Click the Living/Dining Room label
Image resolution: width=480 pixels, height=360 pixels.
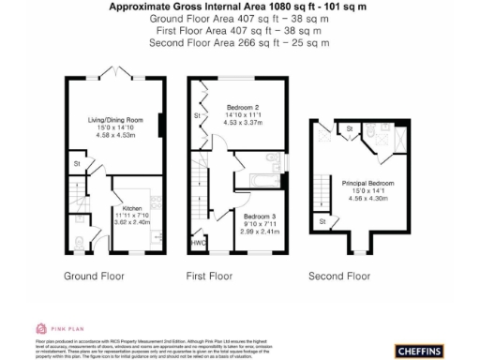pyautogui.click(x=114, y=120)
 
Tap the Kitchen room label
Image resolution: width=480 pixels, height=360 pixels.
pyautogui.click(x=131, y=208)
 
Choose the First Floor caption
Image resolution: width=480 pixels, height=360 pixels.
pyautogui.click(x=209, y=277)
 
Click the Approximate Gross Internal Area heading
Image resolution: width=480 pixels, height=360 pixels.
pyautogui.click(x=239, y=6)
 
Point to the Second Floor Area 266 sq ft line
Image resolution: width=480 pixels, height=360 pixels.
pyautogui.click(x=239, y=43)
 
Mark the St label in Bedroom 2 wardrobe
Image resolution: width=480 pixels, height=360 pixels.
pyautogui.click(x=198, y=115)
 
